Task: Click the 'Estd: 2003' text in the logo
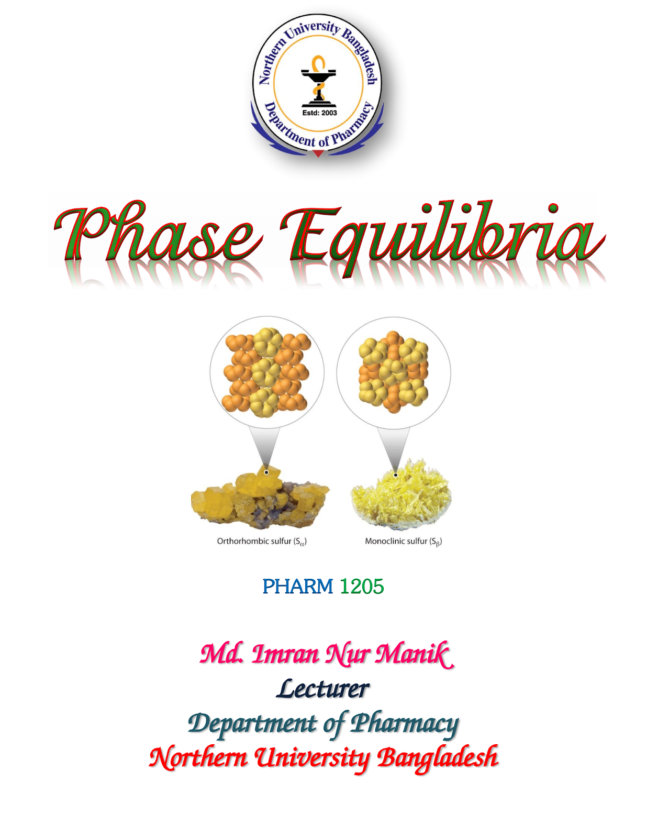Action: click(319, 113)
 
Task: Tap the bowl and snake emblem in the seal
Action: click(318, 81)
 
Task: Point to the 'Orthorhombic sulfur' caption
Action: click(262, 542)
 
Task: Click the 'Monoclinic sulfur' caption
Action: click(404, 542)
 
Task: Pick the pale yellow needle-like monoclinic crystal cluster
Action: click(401, 493)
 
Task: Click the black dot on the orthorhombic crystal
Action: click(266, 472)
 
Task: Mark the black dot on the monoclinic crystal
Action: click(395, 475)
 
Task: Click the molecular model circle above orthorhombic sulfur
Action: click(267, 372)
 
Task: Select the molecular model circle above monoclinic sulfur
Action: click(394, 373)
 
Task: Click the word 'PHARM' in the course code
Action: click(297, 587)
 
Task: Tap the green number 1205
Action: click(362, 587)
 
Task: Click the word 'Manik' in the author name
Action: click(415, 655)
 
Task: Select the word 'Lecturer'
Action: click(323, 689)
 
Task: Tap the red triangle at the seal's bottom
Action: click(318, 153)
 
